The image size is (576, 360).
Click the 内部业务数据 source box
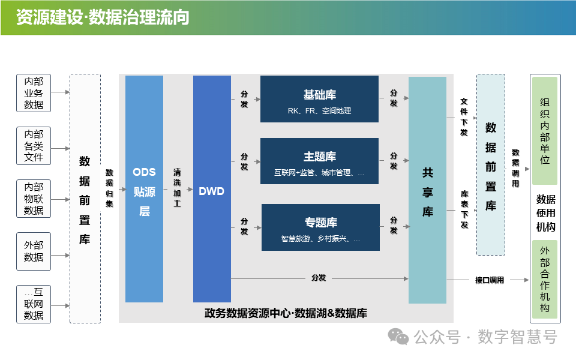point(34,93)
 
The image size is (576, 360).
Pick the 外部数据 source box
point(34,251)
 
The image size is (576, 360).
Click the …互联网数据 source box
point(34,304)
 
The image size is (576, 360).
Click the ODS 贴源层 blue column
point(144,189)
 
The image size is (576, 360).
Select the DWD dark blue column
point(212,189)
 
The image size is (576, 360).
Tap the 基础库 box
point(319,99)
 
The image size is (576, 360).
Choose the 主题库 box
point(319,161)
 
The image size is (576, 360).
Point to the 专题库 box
point(320,227)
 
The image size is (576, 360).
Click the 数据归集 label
point(109,188)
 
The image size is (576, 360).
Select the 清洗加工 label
point(177,188)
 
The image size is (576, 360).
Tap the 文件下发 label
point(464,117)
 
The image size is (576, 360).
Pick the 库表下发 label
point(464,209)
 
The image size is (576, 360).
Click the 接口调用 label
point(490,280)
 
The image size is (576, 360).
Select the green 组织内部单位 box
point(545,131)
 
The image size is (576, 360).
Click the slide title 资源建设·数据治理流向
point(103,17)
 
